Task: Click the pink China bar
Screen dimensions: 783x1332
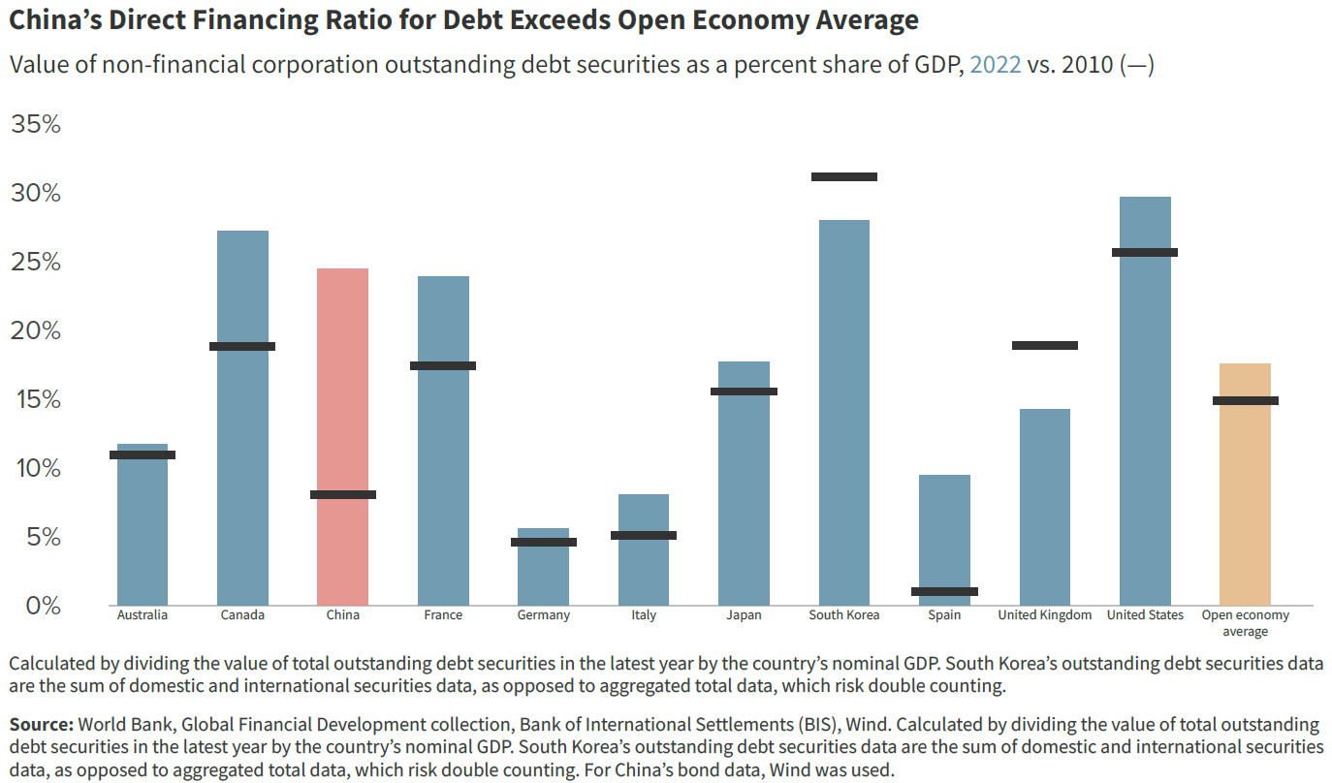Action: (x=342, y=436)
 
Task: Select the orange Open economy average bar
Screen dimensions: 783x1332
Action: (x=1245, y=485)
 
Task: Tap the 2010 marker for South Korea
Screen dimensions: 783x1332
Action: (x=843, y=176)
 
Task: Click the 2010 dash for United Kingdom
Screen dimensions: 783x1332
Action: (x=1044, y=345)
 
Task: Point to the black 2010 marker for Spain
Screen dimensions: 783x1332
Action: (x=944, y=591)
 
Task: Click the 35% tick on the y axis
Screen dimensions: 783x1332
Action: (x=36, y=125)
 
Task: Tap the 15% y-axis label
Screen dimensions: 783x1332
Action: (x=36, y=399)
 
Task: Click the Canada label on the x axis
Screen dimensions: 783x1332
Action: (x=242, y=615)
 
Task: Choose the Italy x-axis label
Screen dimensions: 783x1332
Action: (x=644, y=615)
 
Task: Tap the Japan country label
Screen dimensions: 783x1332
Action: (x=744, y=615)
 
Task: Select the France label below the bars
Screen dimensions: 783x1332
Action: (x=443, y=615)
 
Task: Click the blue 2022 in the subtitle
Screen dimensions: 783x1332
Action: (x=995, y=66)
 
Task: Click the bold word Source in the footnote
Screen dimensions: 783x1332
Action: (x=41, y=725)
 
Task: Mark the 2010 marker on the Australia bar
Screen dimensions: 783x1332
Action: (x=143, y=454)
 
